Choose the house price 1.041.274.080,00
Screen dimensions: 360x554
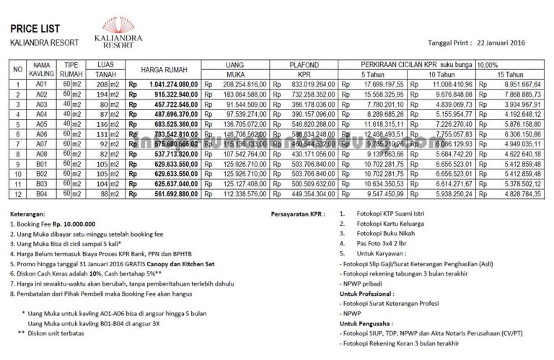[x=167, y=85]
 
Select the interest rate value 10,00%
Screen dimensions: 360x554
[x=488, y=64]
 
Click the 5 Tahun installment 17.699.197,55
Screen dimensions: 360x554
[x=377, y=85]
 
